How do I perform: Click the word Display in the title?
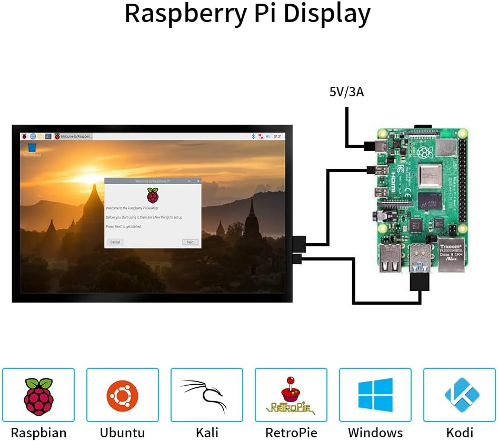coord(326,14)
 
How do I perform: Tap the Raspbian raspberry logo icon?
coord(38,396)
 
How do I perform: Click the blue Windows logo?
coord(375,395)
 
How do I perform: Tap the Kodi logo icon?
coord(460,395)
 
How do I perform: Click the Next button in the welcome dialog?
coord(190,242)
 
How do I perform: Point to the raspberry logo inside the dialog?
coord(152,195)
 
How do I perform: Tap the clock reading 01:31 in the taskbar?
coord(277,136)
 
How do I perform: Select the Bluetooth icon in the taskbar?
coord(253,136)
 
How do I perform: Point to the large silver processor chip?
coord(430,176)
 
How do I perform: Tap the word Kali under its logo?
coord(207,433)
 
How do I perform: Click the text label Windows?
coord(375,433)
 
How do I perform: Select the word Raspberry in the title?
coord(186,14)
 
